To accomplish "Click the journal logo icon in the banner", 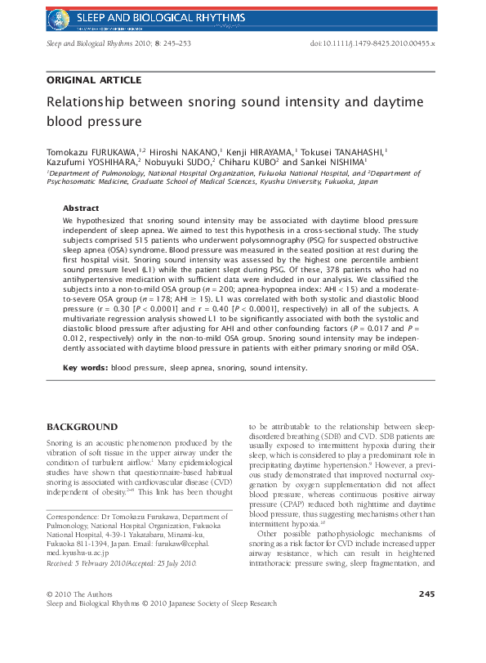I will coord(58,16).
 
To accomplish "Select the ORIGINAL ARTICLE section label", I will coord(94,80).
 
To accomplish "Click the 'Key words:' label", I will coord(86,368).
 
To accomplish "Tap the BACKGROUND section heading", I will coord(82,428).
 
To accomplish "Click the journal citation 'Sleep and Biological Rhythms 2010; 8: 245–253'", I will coord(118,43).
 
